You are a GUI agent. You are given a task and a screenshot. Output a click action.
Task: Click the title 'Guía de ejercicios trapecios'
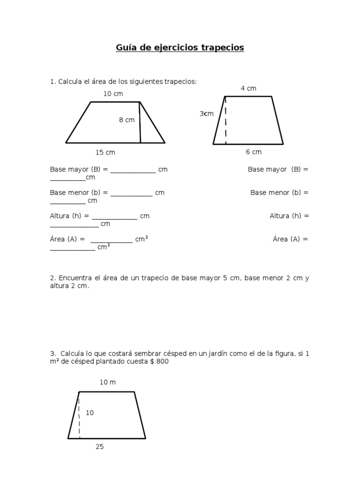(180, 48)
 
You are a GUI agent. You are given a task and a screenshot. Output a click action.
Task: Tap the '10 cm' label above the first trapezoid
(113, 94)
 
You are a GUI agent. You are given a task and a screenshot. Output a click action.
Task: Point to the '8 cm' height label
(127, 120)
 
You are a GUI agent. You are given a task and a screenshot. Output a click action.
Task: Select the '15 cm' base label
(105, 152)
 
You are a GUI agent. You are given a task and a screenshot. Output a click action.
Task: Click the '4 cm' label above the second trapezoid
(248, 88)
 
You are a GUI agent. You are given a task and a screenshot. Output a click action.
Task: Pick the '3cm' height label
(206, 114)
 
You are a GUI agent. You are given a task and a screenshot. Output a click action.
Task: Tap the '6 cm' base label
(254, 152)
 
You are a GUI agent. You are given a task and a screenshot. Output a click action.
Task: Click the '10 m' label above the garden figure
(107, 382)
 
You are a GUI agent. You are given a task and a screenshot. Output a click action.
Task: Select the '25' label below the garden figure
(99, 447)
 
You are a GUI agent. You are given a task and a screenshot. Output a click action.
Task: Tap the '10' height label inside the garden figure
(90, 413)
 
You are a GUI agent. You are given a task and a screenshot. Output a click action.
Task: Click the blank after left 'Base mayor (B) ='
(133, 170)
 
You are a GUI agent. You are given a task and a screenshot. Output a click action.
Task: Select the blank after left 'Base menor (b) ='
(131, 193)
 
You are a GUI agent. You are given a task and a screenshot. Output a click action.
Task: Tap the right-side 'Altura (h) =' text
(289, 216)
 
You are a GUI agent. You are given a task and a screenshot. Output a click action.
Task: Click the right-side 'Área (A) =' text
(291, 239)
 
